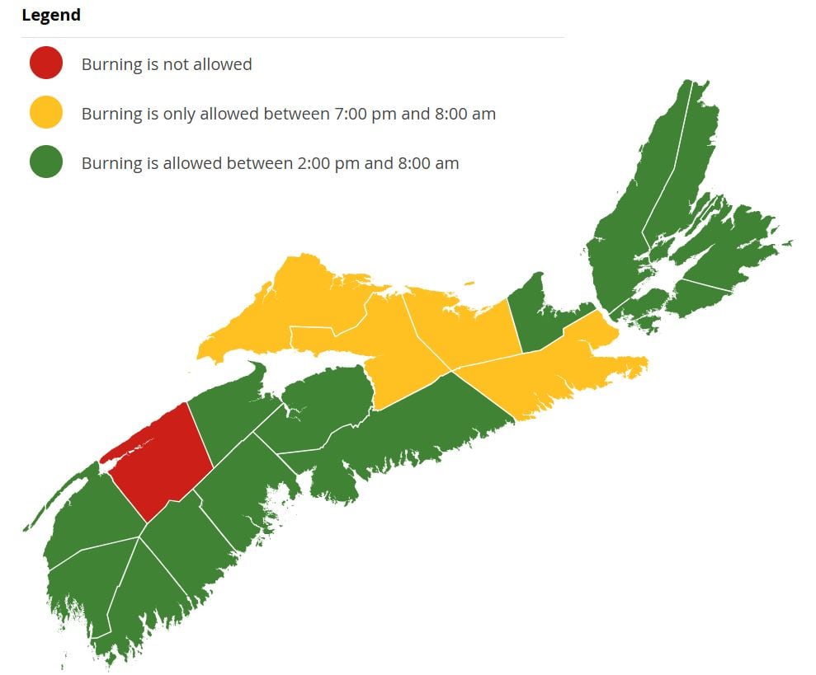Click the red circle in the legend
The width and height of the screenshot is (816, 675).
tap(46, 63)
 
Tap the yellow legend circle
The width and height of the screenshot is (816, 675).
tap(46, 113)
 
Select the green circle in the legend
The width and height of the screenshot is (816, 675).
tap(46, 162)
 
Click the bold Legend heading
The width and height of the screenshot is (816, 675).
tap(51, 15)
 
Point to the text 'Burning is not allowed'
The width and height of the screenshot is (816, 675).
tap(167, 64)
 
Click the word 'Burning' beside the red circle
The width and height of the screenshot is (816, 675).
tap(111, 64)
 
